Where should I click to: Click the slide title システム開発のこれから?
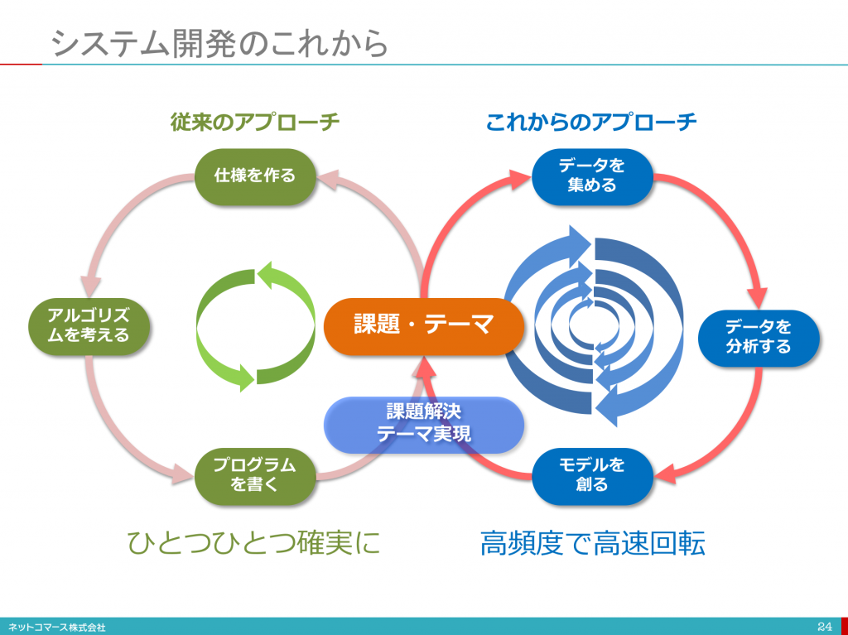220,43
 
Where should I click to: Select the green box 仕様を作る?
255,176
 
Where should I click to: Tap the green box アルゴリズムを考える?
89,326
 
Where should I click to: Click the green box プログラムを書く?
255,475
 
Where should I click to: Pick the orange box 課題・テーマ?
423,325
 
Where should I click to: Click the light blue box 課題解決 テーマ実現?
423,425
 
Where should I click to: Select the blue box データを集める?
592,176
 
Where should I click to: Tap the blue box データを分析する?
759,338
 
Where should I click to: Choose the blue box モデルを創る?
592,475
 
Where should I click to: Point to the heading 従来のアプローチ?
255,122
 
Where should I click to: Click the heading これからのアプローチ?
591,122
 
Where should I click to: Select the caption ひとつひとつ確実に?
254,542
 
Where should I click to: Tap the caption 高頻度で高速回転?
592,543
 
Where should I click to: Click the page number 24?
825,627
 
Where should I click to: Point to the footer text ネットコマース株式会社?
57,628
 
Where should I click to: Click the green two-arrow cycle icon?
255,326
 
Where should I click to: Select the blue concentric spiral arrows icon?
594,326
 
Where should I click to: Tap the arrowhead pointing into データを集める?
519,179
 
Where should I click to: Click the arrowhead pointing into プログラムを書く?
183,474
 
